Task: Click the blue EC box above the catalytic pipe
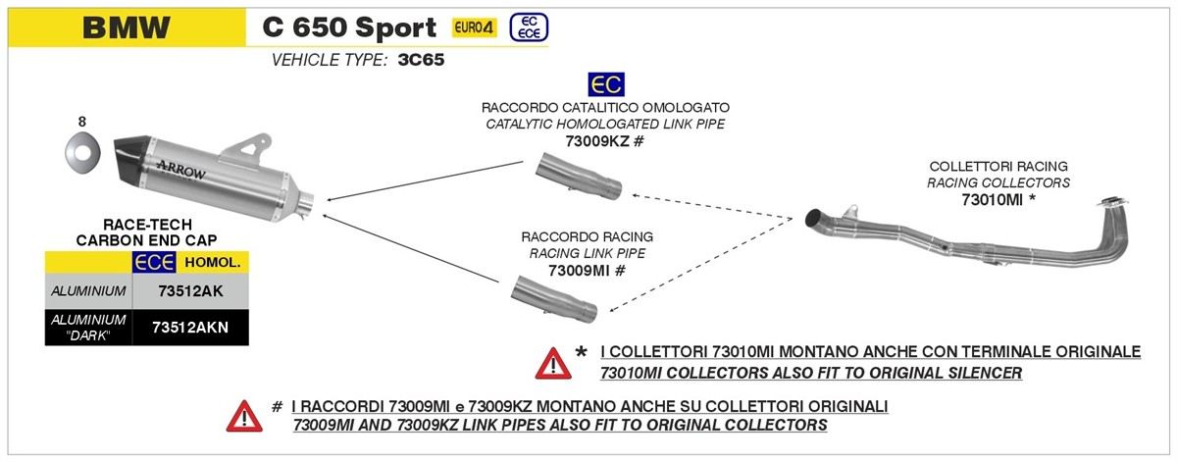[x=605, y=83]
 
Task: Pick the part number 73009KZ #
[x=604, y=141]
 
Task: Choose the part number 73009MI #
[x=587, y=271]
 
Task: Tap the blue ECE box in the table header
[x=154, y=262]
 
